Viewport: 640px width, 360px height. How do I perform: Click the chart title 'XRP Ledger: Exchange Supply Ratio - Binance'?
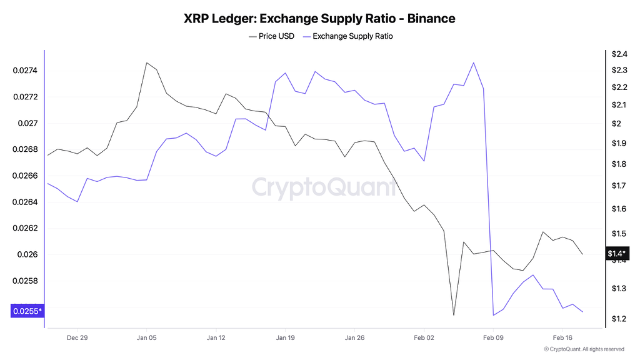pyautogui.click(x=319, y=18)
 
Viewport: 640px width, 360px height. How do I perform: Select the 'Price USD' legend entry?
pyautogui.click(x=272, y=36)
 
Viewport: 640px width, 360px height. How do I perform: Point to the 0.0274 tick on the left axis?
pyautogui.click(x=25, y=71)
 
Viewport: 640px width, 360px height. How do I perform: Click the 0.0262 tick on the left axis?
pyautogui.click(x=25, y=228)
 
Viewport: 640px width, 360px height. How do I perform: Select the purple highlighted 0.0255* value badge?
pyautogui.click(x=27, y=311)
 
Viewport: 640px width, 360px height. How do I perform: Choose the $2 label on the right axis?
pyautogui.click(x=616, y=124)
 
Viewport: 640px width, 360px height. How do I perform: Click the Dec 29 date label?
pyautogui.click(x=77, y=337)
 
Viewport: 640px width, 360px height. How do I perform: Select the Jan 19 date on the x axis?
pyautogui.click(x=285, y=337)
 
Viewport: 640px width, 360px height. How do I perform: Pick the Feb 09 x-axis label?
pyautogui.click(x=493, y=337)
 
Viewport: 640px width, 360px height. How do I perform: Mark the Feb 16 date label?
pyautogui.click(x=562, y=337)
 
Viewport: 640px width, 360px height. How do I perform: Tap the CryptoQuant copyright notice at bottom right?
pyautogui.click(x=584, y=349)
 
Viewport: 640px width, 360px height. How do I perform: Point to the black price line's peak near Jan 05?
pyautogui.click(x=146, y=62)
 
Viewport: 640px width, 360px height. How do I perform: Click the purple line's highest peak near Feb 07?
pyautogui.click(x=474, y=62)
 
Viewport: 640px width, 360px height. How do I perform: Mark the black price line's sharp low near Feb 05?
pyautogui.click(x=454, y=315)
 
